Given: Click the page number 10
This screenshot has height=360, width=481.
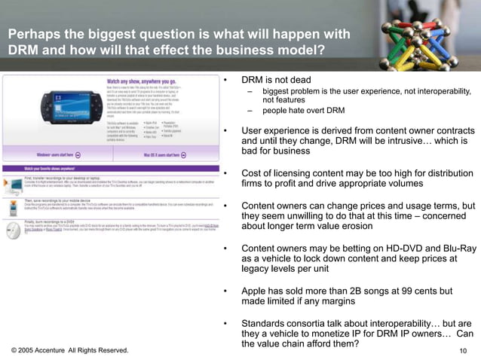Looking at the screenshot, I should [x=464, y=351].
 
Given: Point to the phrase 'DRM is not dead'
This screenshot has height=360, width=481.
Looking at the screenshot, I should [x=275, y=80].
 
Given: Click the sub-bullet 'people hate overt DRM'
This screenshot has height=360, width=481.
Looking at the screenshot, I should [x=303, y=111].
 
